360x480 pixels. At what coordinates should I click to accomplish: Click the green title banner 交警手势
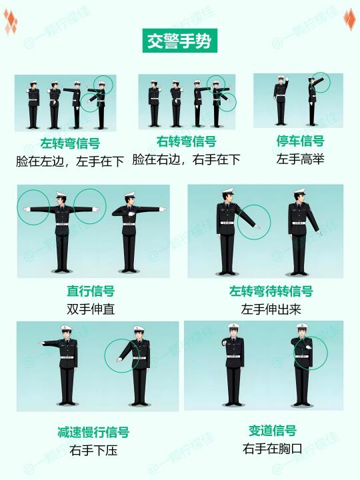180,41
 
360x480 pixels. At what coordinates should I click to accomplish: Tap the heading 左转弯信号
70,143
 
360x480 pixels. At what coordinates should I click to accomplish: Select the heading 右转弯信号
187,142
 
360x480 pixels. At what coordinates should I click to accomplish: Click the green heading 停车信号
300,141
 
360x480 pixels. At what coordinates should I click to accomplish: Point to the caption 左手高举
300,159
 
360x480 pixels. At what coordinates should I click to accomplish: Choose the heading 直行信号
91,291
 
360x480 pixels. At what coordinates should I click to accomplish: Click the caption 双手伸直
91,309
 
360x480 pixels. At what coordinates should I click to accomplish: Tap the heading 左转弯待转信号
271,291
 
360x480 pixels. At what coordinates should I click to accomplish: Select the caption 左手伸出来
271,309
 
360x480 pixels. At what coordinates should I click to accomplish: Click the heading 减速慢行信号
93,432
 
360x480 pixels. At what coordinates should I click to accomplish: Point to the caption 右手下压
93,451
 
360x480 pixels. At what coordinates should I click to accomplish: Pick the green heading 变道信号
273,431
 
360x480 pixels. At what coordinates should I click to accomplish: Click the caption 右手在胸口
273,449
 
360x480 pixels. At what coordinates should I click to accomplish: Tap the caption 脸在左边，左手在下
70,161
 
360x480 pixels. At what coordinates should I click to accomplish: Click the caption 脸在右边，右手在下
186,159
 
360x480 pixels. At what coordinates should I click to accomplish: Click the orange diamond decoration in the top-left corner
11,21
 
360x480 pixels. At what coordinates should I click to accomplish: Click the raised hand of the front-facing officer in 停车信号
287,79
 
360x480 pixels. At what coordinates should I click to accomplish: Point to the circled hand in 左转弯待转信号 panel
257,227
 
